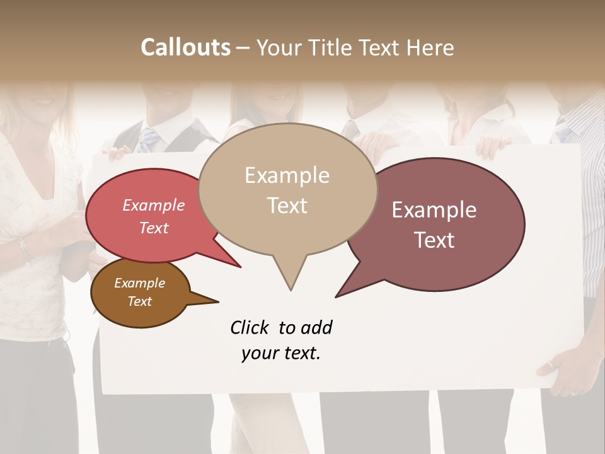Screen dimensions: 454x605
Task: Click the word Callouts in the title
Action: (x=185, y=47)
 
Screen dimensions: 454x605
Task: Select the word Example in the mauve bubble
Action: (x=434, y=210)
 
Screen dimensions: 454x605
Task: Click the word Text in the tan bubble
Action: (x=287, y=206)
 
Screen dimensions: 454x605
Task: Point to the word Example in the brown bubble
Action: (x=139, y=283)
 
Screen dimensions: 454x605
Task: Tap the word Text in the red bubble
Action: (x=154, y=228)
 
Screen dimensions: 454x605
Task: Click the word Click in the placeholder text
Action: (x=251, y=327)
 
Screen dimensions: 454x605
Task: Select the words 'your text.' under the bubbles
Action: (x=281, y=353)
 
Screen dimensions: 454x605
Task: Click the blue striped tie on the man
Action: (x=149, y=139)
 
